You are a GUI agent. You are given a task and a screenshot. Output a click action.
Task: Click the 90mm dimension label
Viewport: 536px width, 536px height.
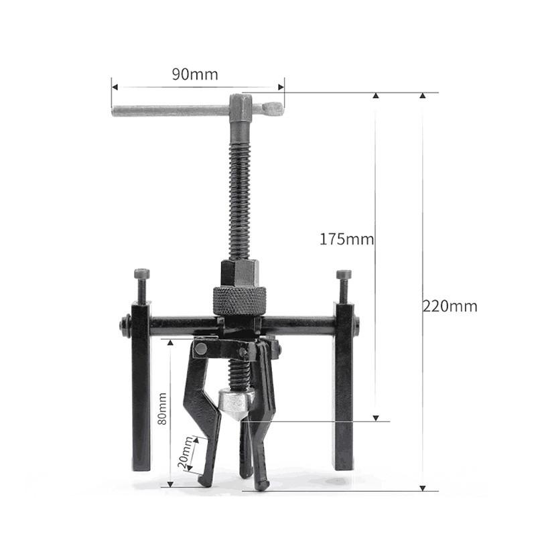point(195,74)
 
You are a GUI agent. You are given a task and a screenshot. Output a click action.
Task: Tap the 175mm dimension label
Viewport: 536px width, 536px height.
point(346,239)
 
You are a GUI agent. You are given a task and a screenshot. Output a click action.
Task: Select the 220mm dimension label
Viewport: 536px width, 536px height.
point(450,306)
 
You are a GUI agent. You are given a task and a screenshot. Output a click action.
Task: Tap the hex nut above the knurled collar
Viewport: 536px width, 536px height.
point(239,273)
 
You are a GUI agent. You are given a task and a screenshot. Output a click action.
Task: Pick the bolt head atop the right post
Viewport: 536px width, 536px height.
point(344,275)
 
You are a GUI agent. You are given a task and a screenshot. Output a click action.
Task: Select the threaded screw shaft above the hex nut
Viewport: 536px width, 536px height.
point(239,194)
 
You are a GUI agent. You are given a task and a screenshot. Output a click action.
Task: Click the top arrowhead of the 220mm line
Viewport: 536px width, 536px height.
point(422,96)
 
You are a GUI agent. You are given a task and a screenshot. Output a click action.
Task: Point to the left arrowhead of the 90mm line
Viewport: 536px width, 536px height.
point(115,86)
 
